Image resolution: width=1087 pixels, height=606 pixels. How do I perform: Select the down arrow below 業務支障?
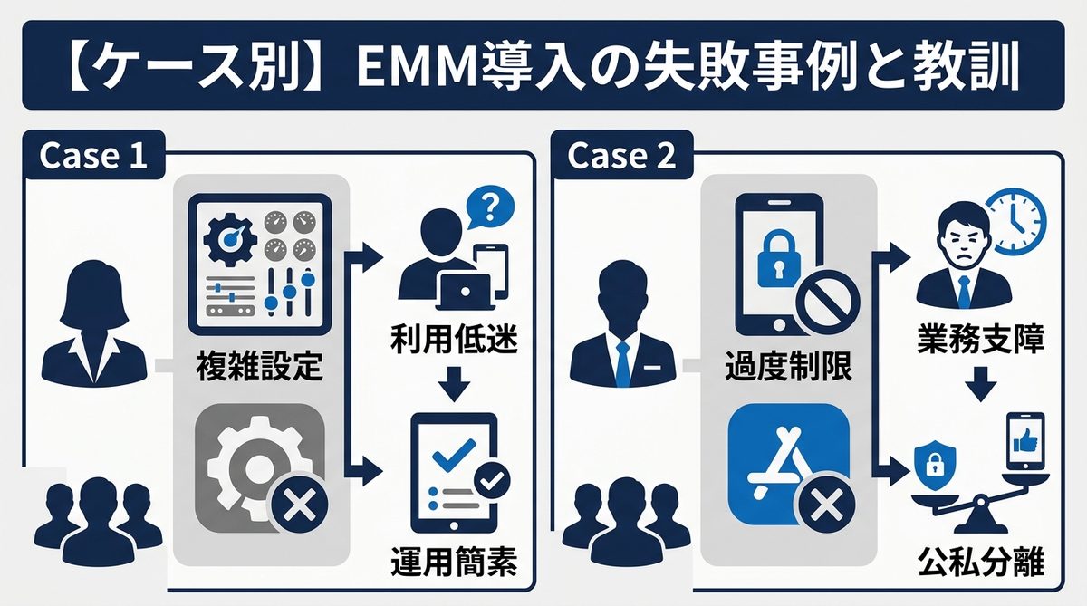tap(979, 384)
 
